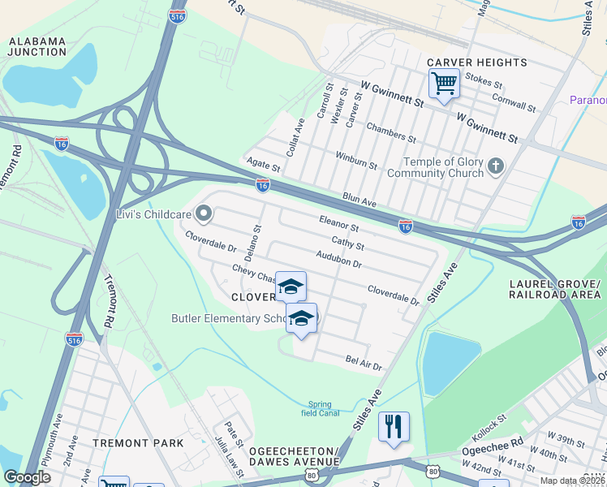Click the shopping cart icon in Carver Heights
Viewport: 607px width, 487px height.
(x=444, y=83)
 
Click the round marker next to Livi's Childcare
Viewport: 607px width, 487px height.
(x=204, y=214)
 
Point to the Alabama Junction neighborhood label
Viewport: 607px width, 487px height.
(x=37, y=46)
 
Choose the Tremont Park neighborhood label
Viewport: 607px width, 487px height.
(x=138, y=443)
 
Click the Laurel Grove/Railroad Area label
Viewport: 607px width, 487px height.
(x=554, y=289)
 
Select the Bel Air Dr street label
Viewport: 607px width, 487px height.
(x=363, y=363)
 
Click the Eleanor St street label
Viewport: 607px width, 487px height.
(x=338, y=223)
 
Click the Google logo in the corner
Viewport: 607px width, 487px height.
(x=27, y=477)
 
